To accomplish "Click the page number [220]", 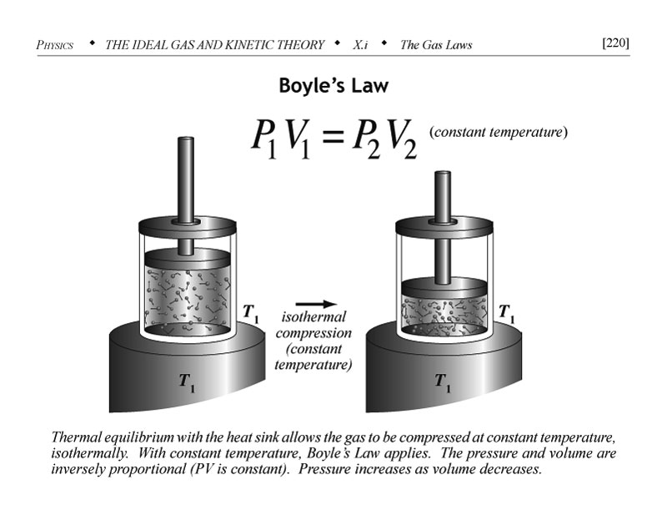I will tap(614, 43).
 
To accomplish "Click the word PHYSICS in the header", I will tap(55, 44).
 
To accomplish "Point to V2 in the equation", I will tap(404, 139).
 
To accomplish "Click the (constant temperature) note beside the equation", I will tap(499, 132).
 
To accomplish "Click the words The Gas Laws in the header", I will tap(435, 44).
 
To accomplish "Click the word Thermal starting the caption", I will tap(76, 438).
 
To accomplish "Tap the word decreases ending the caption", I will tap(509, 468).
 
